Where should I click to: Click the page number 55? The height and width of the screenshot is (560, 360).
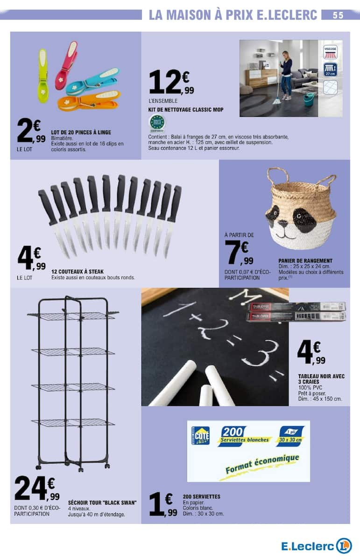coord(338,15)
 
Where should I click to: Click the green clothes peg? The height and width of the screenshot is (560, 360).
coord(42,75)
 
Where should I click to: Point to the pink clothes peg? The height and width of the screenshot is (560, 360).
coord(66,65)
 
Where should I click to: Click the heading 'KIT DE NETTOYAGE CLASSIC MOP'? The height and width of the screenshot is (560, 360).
coord(185,110)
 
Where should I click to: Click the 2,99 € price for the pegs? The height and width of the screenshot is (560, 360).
coord(31,132)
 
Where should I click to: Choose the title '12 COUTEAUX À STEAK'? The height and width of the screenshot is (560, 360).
coord(78,271)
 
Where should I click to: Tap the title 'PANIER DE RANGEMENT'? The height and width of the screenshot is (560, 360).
coord(305,260)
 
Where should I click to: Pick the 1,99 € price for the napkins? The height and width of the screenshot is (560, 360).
coord(163,505)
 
